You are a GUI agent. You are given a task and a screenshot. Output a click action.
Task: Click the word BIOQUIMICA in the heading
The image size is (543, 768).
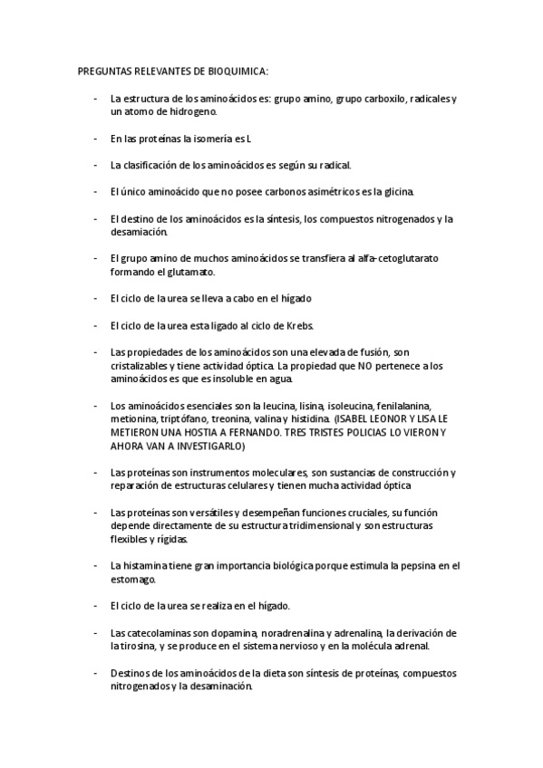238,72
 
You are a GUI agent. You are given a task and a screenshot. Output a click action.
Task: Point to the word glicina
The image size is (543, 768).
393,192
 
